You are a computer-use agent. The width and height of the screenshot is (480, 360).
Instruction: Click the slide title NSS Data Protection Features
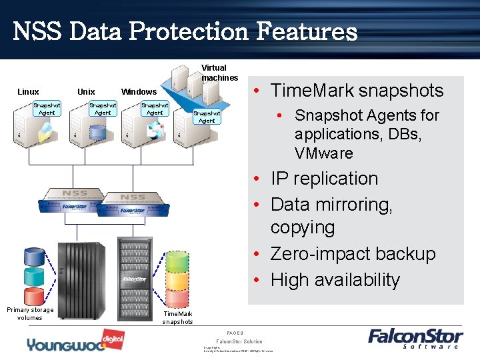(x=185, y=31)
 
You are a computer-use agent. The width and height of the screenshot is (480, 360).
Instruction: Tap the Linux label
(x=28, y=92)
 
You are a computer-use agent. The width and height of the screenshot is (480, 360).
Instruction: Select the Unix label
(x=86, y=92)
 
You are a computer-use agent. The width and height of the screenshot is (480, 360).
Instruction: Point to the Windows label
(x=139, y=92)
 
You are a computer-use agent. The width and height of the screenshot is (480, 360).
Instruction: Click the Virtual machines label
(x=214, y=73)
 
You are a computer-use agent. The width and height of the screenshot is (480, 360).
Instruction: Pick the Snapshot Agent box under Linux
(x=47, y=109)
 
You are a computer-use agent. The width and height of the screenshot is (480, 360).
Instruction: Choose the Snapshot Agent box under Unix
(x=103, y=109)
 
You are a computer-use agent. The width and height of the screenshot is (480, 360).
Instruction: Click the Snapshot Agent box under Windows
(x=155, y=109)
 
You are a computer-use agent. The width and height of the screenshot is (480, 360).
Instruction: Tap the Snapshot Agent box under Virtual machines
(x=207, y=117)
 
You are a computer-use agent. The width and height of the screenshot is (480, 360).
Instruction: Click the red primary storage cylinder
(x=33, y=296)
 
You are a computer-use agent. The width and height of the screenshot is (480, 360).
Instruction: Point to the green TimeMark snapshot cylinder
(x=177, y=261)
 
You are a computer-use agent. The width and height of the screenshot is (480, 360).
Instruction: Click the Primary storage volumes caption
(x=30, y=313)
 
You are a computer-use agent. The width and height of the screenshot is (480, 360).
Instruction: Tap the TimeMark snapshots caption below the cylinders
(x=177, y=317)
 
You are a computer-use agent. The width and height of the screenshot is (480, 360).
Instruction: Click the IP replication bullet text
(x=324, y=179)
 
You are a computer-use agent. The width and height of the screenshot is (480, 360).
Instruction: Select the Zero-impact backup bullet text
(x=353, y=254)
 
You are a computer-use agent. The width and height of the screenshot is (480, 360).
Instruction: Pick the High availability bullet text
(x=335, y=280)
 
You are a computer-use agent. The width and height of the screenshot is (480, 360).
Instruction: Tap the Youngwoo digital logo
(x=67, y=342)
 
